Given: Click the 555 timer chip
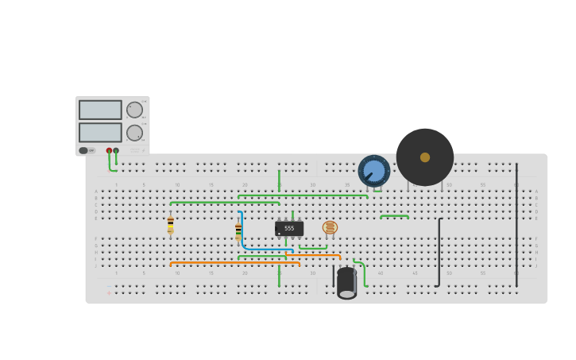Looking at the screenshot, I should click(x=289, y=228).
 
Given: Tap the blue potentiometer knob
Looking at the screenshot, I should click(x=373, y=171).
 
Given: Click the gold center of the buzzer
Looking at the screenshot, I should click(x=425, y=157).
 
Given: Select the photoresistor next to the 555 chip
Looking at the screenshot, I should click(x=330, y=227).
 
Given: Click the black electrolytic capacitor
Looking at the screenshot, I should click(x=346, y=283).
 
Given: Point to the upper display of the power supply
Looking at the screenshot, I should click(x=100, y=110).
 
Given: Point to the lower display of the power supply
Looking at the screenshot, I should click(x=100, y=132).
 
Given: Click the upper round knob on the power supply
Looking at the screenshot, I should click(x=134, y=110).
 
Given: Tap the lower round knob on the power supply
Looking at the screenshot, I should click(x=134, y=133).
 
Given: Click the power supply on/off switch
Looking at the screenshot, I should click(x=83, y=150).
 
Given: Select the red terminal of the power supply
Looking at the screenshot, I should click(x=109, y=150).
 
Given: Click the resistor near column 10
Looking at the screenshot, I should click(x=171, y=224).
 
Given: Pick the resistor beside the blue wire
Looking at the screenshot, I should click(x=238, y=231).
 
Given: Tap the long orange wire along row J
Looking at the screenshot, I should click(x=234, y=264).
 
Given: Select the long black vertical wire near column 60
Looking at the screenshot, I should click(x=516, y=223).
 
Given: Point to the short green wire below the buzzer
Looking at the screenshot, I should click(x=394, y=215).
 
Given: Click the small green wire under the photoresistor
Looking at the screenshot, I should click(x=313, y=248).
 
